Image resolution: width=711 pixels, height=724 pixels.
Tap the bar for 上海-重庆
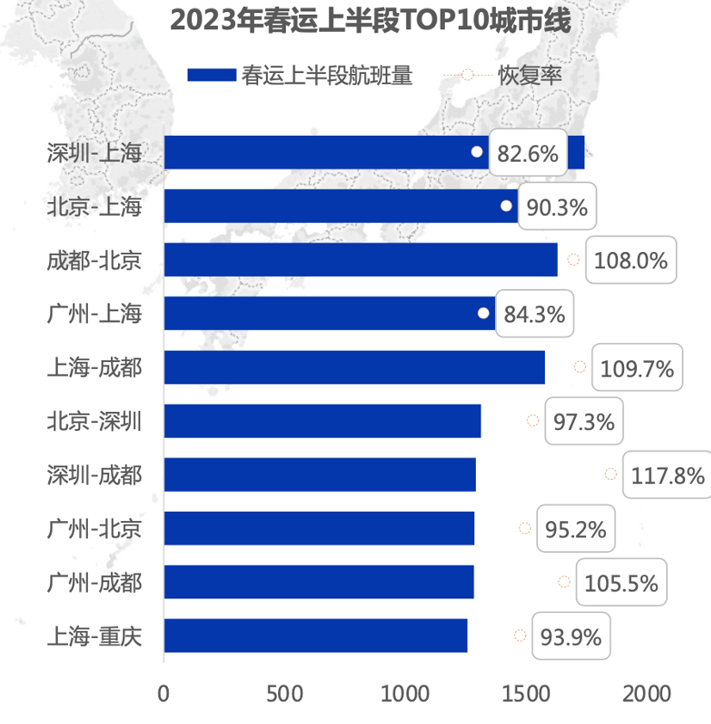click(315, 635)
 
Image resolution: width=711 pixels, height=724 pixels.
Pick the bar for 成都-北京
click(360, 260)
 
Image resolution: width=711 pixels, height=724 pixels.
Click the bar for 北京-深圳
click(322, 420)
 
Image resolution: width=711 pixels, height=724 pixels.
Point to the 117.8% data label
click(668, 475)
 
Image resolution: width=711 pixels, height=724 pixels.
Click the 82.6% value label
click(528, 155)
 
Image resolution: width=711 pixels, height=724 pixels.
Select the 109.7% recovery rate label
click(637, 369)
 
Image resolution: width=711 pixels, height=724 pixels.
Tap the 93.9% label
click(570, 637)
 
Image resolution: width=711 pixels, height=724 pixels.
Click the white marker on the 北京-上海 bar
click(506, 206)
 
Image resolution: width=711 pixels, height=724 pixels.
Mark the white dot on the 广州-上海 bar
click(484, 313)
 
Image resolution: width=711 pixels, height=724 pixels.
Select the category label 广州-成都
click(95, 583)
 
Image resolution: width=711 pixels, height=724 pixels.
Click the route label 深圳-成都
click(95, 475)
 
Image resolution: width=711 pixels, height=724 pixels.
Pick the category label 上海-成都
click(95, 368)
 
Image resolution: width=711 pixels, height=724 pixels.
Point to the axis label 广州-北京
click(95, 529)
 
